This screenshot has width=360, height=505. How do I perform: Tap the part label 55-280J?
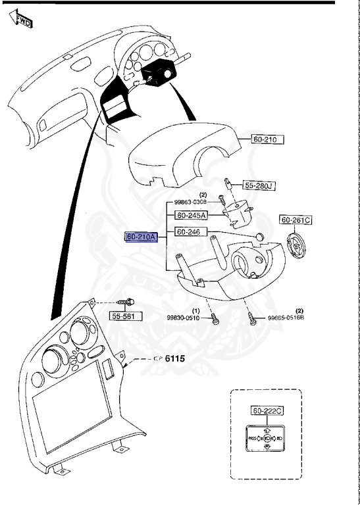(x=259, y=185)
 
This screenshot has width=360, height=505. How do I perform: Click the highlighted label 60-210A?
(x=141, y=237)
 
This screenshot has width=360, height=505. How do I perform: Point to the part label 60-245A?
(x=191, y=215)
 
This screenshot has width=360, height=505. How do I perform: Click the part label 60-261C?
(x=297, y=220)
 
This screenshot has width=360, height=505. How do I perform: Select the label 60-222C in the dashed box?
(x=268, y=411)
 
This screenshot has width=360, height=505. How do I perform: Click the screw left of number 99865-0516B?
(x=253, y=316)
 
